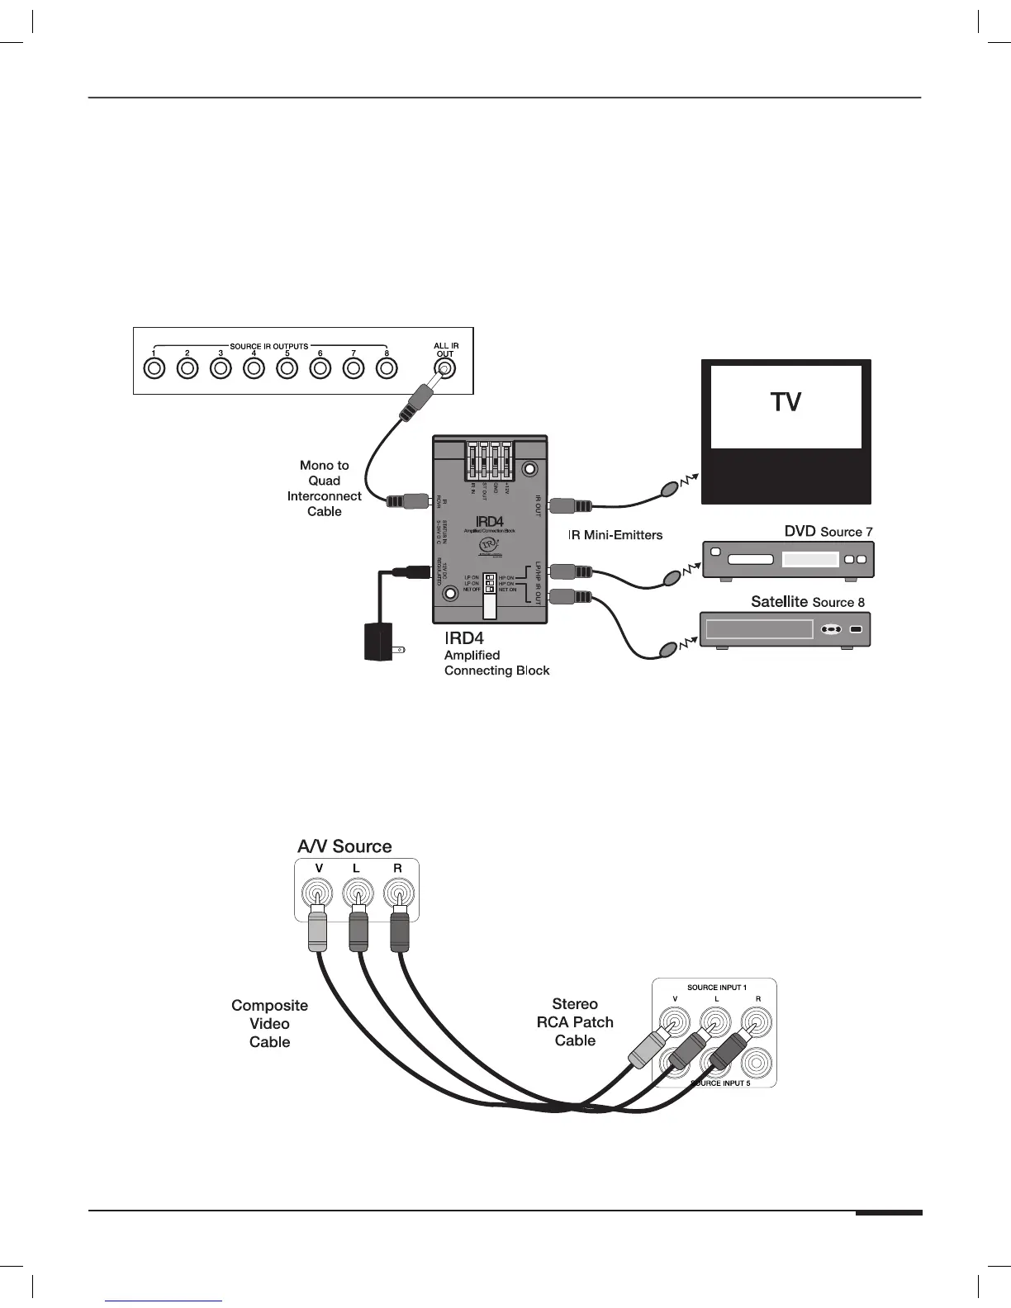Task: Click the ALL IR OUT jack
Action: click(x=444, y=369)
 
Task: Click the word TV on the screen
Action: click(x=786, y=402)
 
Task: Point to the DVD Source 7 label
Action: click(x=828, y=532)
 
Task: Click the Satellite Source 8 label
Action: click(x=807, y=602)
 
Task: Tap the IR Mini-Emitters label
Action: click(x=615, y=535)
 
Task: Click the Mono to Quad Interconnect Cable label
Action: click(x=325, y=488)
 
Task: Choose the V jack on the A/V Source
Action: click(x=317, y=893)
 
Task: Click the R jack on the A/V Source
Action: click(x=398, y=893)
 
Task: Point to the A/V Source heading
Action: click(x=344, y=846)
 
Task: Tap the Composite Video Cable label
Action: click(x=270, y=1024)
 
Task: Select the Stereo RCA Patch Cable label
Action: click(x=575, y=1022)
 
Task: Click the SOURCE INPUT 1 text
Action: click(x=716, y=988)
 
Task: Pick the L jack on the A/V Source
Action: click(x=358, y=893)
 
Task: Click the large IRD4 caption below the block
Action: click(x=463, y=638)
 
